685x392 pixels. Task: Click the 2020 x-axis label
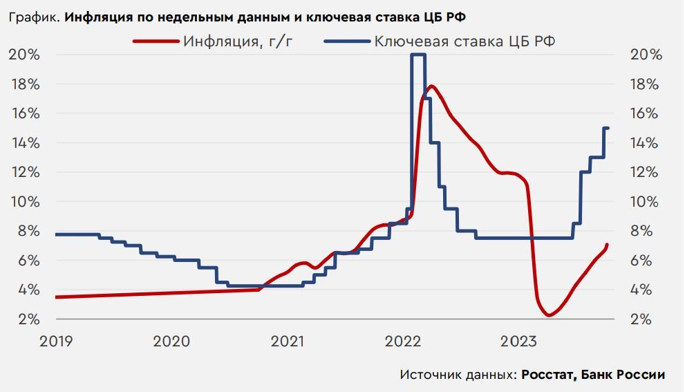pos(171,341)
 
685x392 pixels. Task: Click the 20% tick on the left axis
pos(24,55)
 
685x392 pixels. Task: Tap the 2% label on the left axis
pos(28,319)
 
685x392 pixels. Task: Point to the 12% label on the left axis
pos(24,172)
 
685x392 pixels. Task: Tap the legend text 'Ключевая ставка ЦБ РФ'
pos(465,41)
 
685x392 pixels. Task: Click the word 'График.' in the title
pos(35,15)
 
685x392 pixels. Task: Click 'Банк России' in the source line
pos(623,375)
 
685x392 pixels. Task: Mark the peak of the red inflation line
pos(431,86)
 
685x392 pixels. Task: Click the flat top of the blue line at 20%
pos(417,55)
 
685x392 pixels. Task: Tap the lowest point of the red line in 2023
pos(548,315)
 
